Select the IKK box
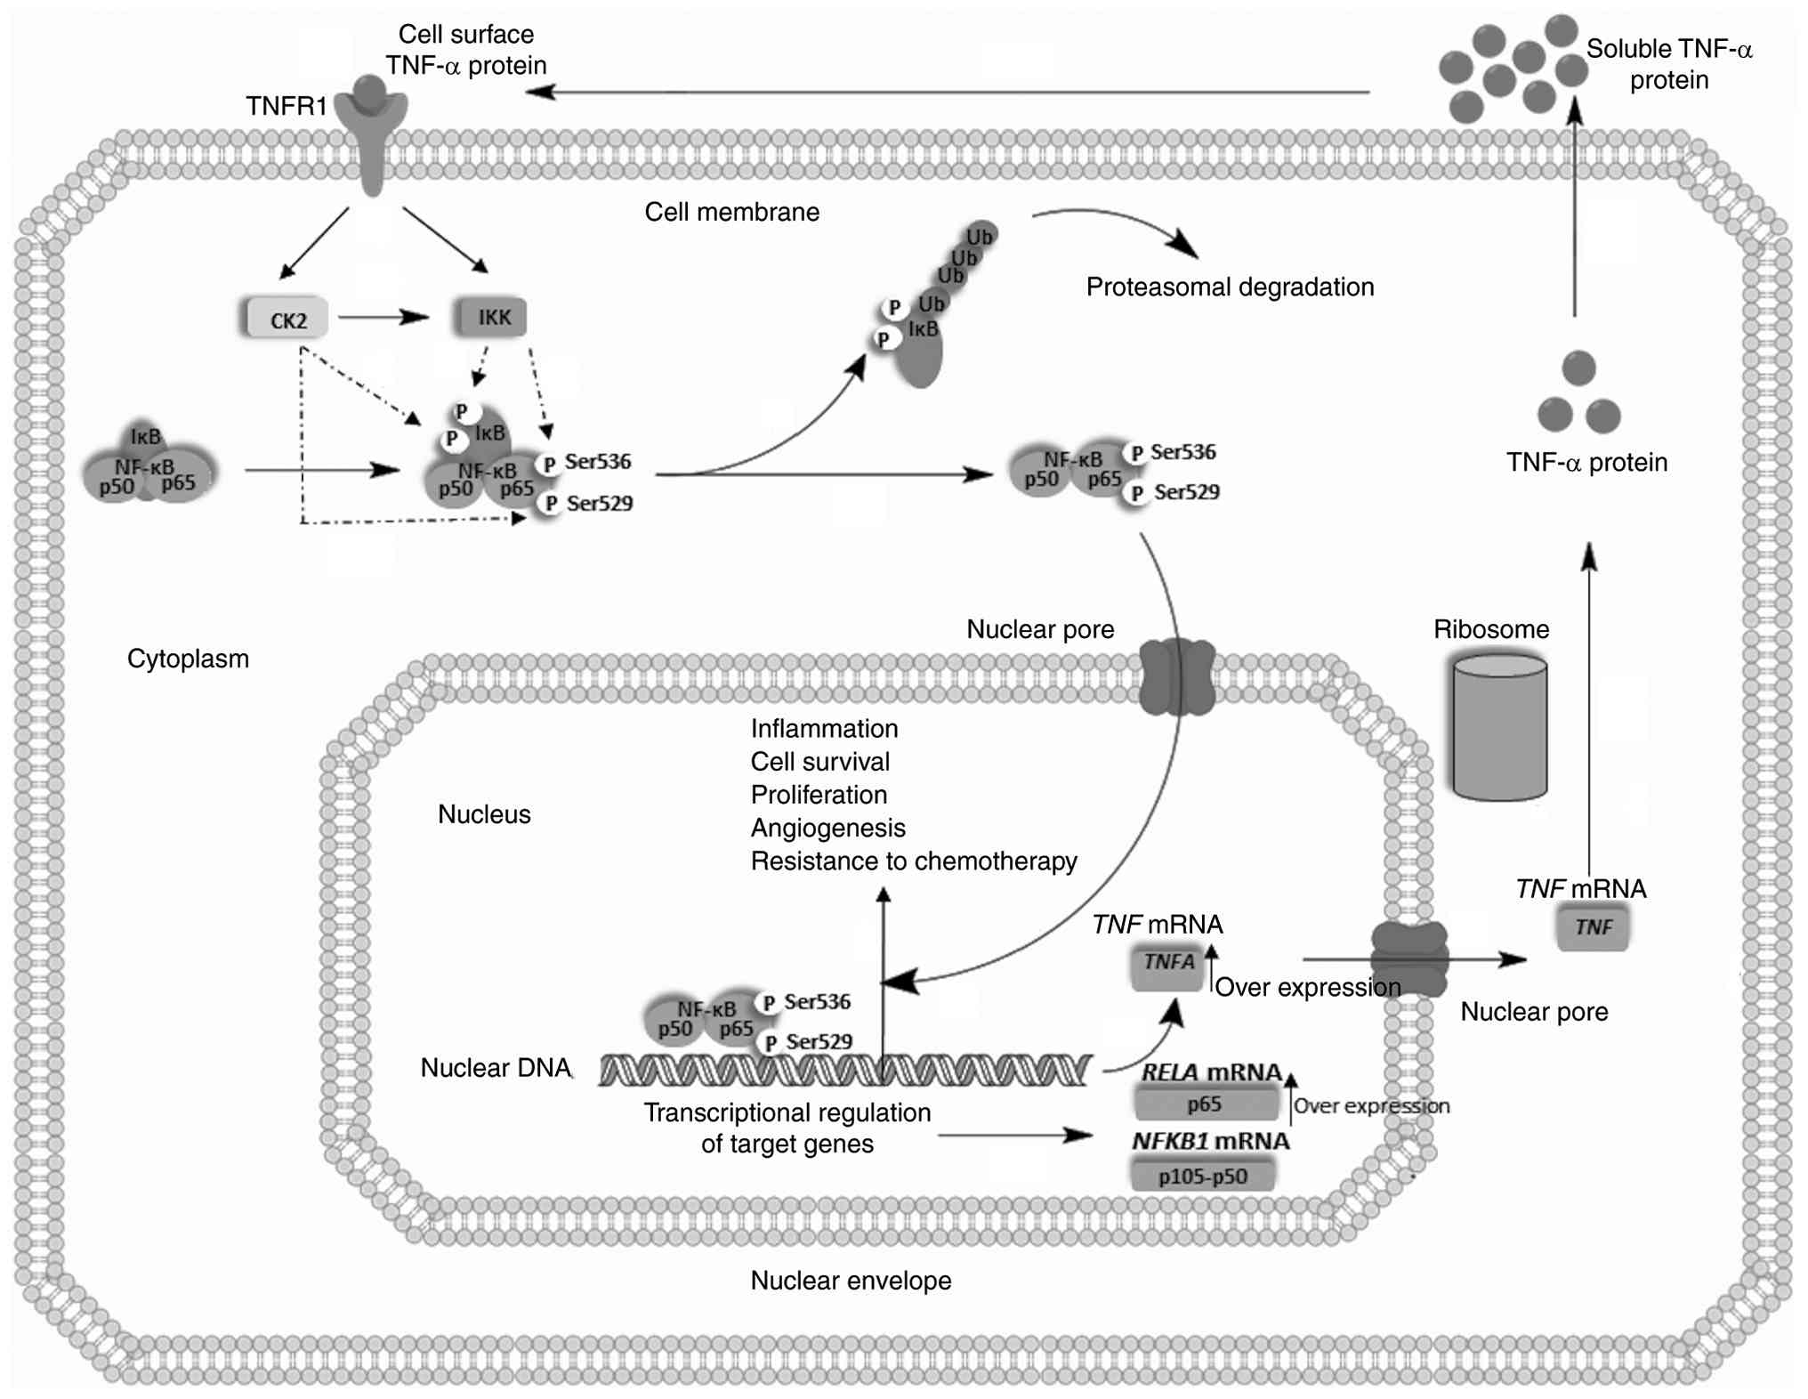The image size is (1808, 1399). point(492,318)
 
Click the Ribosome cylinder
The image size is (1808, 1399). point(1499,727)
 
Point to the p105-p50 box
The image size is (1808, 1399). point(1202,1176)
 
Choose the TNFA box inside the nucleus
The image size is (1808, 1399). point(1168,966)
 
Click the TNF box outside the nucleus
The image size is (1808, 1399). point(1593,927)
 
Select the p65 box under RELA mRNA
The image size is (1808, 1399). point(1205,1104)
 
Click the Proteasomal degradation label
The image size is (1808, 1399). point(1230,287)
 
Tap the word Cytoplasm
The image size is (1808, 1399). point(188,659)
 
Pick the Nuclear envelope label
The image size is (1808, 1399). point(851,1281)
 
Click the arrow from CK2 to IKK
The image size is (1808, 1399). point(383,317)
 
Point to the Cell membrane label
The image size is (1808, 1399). point(731,212)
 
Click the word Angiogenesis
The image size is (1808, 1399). point(827,829)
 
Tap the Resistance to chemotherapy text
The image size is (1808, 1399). point(913,861)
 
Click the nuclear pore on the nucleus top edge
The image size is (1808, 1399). point(1177,676)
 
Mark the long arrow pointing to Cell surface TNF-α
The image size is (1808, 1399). point(952,92)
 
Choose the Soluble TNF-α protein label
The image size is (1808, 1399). point(1668,64)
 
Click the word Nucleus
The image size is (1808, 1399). point(484,814)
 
